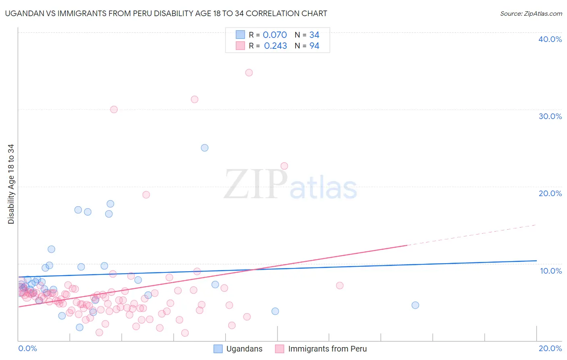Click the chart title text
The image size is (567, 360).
click(166, 13)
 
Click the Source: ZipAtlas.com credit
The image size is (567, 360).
click(531, 13)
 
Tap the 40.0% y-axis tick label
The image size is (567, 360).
click(550, 39)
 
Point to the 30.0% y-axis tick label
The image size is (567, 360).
click(550, 116)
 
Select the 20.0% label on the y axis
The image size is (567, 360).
click(550, 193)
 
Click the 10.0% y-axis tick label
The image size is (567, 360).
click(551, 271)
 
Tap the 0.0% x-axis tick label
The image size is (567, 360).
click(27, 348)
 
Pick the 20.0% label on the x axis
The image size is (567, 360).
click(550, 348)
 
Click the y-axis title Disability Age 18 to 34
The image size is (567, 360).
click(11, 184)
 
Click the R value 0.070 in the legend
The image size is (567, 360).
click(275, 35)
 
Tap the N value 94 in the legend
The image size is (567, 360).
click(314, 46)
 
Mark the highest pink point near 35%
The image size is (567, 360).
click(249, 73)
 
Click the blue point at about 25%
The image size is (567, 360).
click(204, 148)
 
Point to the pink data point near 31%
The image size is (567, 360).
click(194, 99)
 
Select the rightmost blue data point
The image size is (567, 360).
click(415, 305)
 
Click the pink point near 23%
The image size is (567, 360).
click(284, 166)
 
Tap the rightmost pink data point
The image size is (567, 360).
click(340, 285)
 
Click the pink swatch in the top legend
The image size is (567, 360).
click(240, 46)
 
